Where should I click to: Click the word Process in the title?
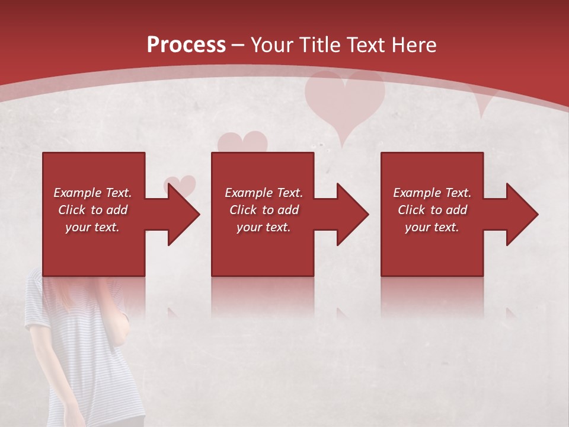(186, 44)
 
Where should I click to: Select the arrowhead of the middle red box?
(353, 214)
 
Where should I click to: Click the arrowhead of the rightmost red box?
(522, 214)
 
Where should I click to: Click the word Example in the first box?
(76, 193)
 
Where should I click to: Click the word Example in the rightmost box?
(415, 193)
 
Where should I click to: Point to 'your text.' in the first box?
(92, 227)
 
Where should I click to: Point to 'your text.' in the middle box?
(263, 227)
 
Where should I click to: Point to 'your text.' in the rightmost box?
(432, 227)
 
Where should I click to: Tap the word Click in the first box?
(72, 210)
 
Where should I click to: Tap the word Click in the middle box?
(244, 210)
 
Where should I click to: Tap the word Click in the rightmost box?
(412, 210)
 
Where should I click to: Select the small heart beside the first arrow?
(180, 184)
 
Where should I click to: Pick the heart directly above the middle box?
(242, 142)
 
